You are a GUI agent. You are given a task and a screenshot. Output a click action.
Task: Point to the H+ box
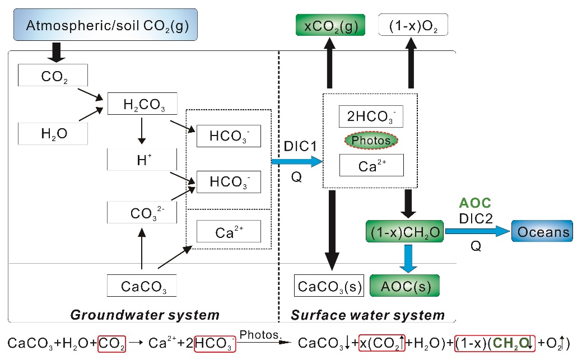point(142,160)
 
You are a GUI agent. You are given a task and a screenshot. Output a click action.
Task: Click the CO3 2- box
point(142,213)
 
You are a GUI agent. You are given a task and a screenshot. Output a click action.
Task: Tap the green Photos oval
point(371,141)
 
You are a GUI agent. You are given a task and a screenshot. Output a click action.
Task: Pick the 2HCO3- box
point(371,116)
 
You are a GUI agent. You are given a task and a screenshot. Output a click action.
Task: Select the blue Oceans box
point(542,232)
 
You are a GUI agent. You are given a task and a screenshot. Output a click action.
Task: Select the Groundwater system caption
point(145,315)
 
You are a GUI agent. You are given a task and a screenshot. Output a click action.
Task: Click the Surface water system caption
point(367,315)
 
